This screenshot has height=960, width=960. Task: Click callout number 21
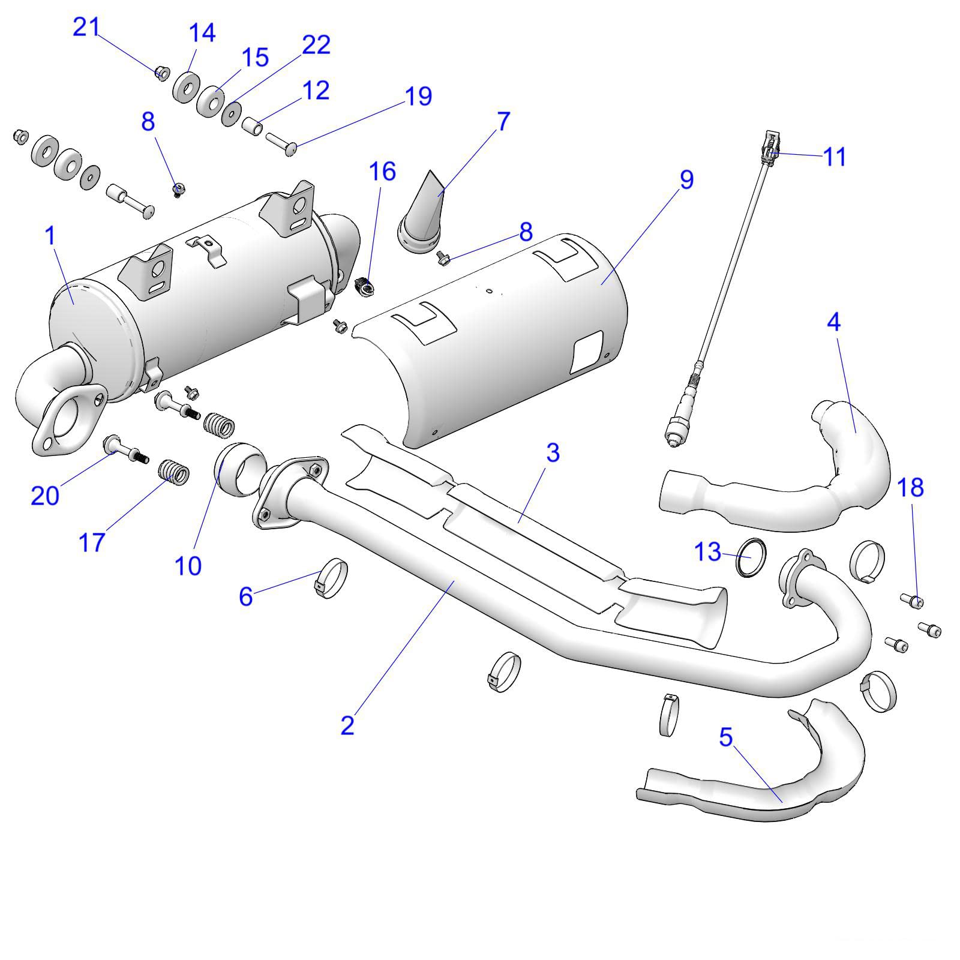pos(85,27)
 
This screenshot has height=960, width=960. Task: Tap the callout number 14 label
pos(202,33)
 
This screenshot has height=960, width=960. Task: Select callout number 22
pos(316,45)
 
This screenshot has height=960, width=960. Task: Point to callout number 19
pos(418,96)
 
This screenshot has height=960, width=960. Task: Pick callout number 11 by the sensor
pos(835,157)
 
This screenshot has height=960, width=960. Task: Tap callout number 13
pos(707,551)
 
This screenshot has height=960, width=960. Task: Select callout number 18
pos(910,487)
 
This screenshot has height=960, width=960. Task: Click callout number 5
pos(726,737)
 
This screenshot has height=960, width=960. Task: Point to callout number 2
pos(347,725)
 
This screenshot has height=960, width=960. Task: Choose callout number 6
pos(245,596)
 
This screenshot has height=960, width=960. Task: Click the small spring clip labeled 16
pos(364,286)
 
